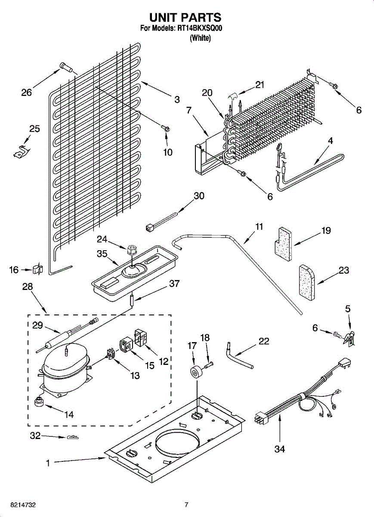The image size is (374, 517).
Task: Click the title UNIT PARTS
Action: [185, 17]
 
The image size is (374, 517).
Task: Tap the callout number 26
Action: [27, 92]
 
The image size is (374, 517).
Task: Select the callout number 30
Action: [199, 196]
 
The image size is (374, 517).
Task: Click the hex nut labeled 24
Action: [132, 249]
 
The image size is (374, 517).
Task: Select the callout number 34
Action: [280, 449]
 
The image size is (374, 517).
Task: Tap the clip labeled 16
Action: [37, 270]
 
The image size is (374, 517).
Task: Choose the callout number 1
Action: [48, 463]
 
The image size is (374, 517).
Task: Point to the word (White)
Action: [200, 38]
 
